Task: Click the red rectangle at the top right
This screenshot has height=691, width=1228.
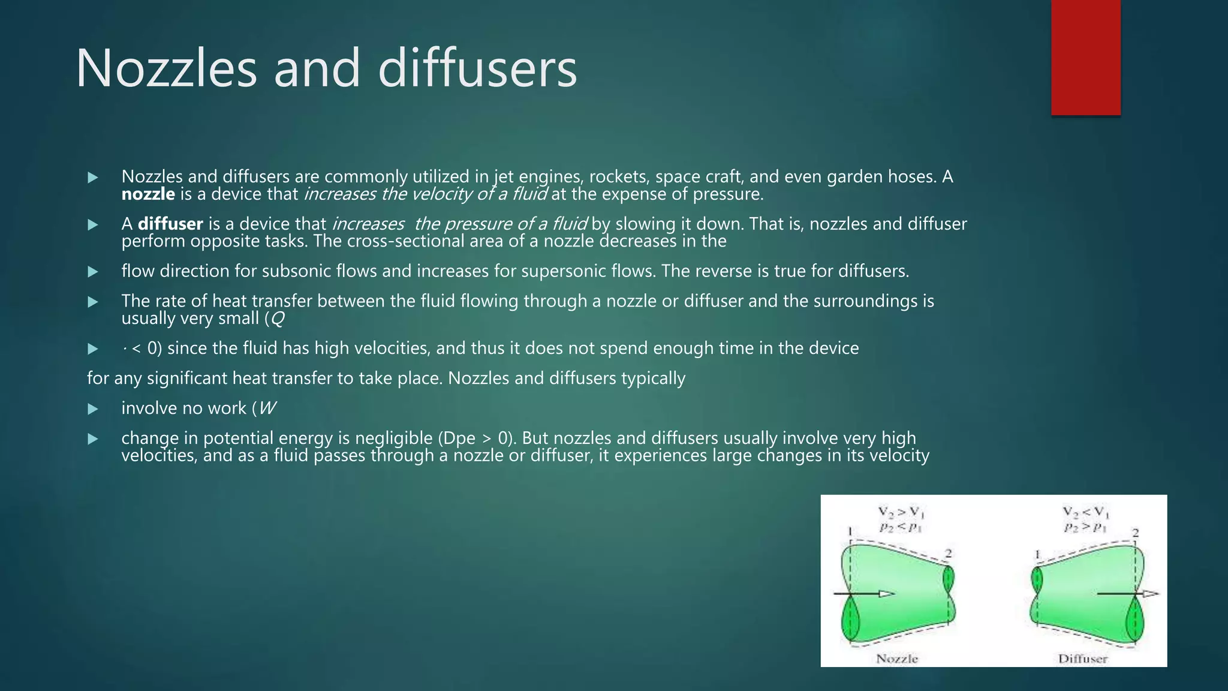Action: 1085,57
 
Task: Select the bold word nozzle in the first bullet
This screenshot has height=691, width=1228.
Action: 148,194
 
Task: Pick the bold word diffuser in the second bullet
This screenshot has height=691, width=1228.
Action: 170,224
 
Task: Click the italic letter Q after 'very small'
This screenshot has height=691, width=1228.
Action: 277,319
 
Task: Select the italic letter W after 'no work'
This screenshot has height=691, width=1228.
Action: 267,408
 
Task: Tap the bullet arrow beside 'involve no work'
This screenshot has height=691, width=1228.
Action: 93,409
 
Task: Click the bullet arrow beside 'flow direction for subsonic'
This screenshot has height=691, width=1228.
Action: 93,272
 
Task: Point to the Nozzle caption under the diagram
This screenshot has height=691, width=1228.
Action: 897,659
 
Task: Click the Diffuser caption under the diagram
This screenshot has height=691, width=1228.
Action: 1082,659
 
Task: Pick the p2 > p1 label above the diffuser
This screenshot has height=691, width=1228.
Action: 1085,527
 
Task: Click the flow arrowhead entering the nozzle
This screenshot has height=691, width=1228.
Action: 886,594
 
